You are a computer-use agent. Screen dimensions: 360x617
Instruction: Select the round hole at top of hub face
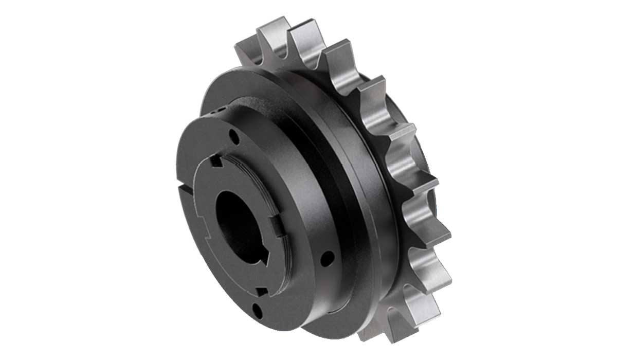234,137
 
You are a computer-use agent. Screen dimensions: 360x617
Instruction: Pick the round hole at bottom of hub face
258,311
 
